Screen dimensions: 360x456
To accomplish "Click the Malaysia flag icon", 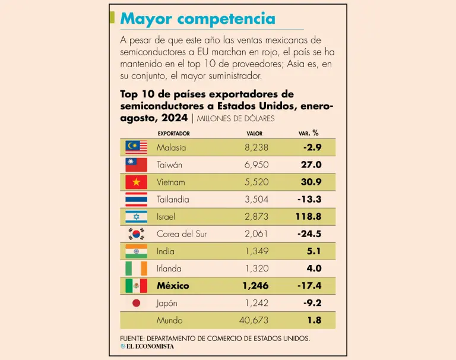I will tap(136, 147).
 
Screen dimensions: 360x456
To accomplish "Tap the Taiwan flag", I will tap(136, 165).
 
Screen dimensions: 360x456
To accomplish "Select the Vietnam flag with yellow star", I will tap(136, 182).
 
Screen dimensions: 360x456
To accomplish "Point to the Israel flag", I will tap(136, 217).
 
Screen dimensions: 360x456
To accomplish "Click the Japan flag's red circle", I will tap(136, 303).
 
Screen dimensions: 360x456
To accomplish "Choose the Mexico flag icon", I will tap(136, 286).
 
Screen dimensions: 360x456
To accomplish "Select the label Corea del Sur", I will tap(182, 234).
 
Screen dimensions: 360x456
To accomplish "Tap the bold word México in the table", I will tap(173, 286).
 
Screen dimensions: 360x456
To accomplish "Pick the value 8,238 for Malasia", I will tap(256, 147).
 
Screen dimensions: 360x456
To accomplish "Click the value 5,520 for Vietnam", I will tap(256, 182).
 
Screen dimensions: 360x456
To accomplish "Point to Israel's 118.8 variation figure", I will tap(308, 217).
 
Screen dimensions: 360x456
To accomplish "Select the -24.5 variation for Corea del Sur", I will tap(309, 234).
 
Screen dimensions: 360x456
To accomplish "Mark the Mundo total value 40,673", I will tap(254, 320).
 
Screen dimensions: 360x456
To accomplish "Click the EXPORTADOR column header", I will tap(173, 134).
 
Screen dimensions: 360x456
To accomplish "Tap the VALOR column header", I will tap(254, 134).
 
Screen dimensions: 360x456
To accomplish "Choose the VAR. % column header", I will tap(308, 133).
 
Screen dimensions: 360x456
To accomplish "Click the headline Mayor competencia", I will tap(198, 18).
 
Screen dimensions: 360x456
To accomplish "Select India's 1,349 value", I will tap(256, 251).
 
